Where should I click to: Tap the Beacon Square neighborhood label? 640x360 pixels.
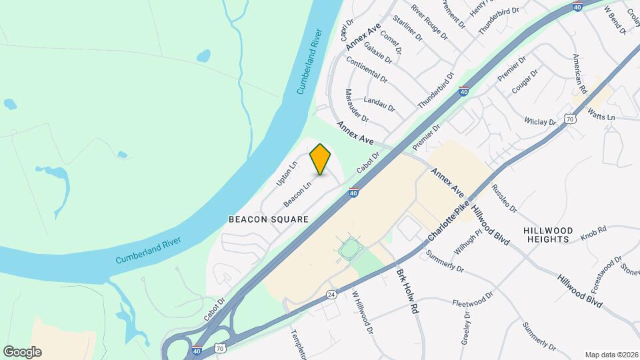(x=268, y=219)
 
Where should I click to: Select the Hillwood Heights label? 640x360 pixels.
(x=547, y=234)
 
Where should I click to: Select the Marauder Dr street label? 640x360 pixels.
(x=357, y=105)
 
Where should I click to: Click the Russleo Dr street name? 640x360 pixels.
(x=505, y=199)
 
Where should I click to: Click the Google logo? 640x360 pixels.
(x=22, y=352)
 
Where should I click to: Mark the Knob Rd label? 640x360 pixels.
(x=593, y=231)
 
